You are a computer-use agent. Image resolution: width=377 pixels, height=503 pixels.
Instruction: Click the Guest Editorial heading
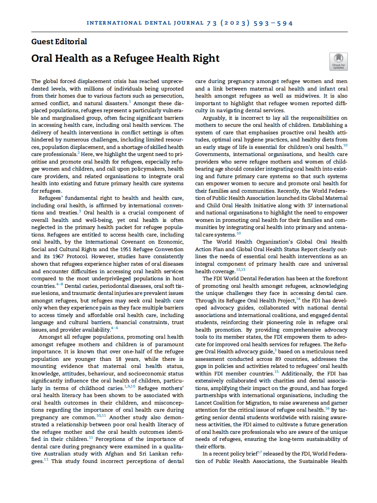59,41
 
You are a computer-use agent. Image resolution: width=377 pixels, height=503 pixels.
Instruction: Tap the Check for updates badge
338,61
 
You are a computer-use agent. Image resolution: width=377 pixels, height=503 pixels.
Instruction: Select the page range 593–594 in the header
273,23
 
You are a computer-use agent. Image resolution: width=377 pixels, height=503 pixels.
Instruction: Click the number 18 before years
121,359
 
